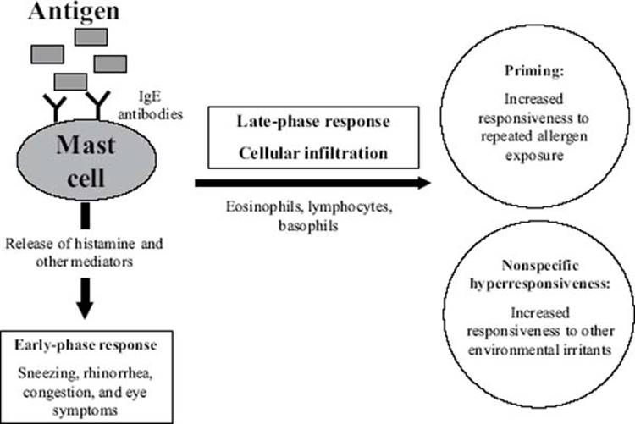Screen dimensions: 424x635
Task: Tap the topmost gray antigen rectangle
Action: coord(91,36)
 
